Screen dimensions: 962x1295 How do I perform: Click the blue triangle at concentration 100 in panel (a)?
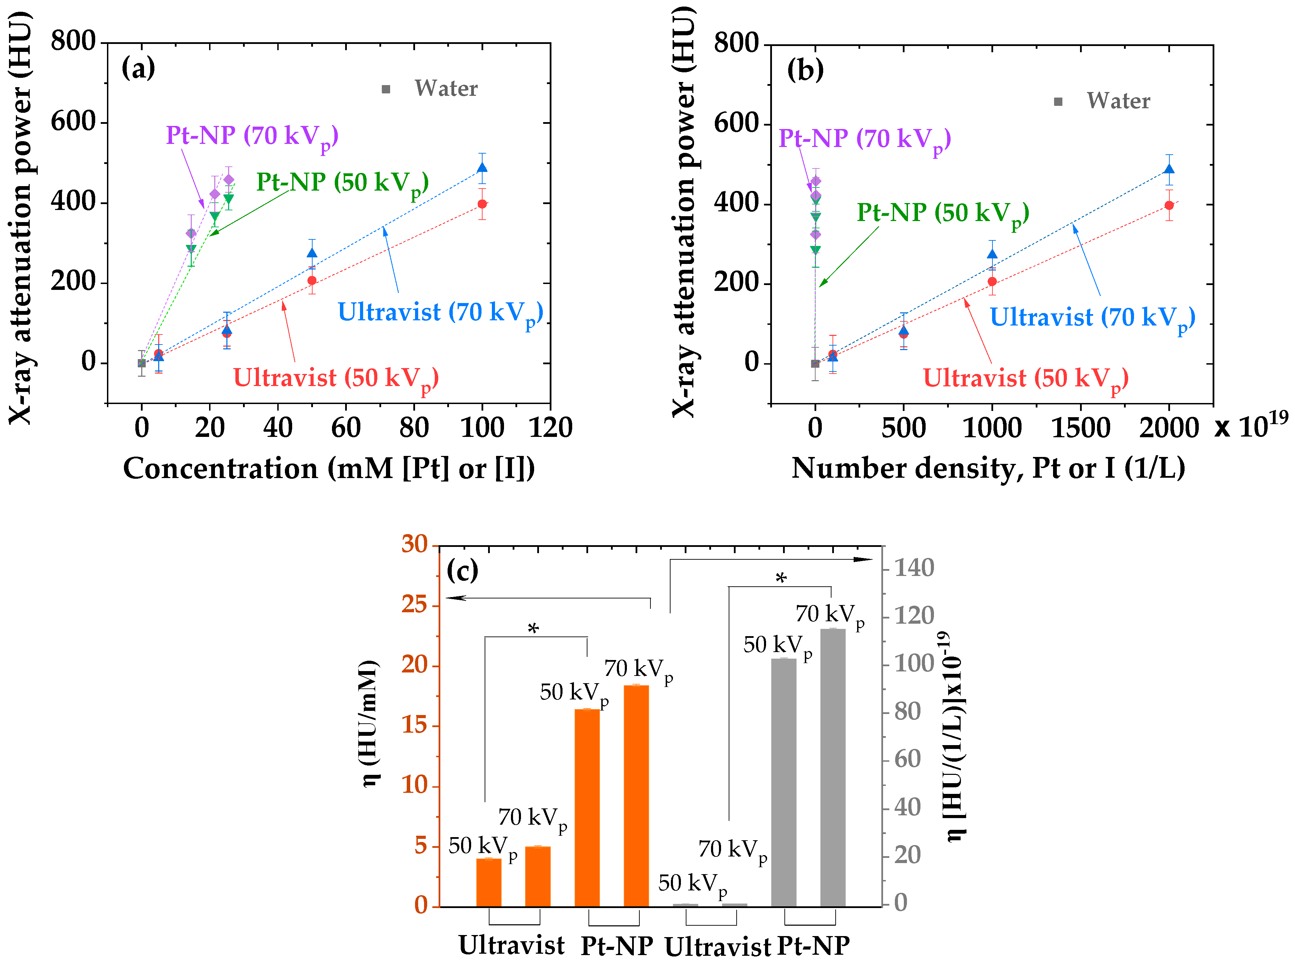tap(482, 168)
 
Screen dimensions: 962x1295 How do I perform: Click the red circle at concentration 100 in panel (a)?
tap(482, 204)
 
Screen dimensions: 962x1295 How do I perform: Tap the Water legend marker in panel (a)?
tap(386, 89)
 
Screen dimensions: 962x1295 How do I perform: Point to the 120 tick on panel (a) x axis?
tap(550, 428)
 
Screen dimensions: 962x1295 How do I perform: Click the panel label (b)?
tap(806, 70)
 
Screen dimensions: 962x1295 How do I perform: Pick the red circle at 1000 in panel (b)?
tap(992, 282)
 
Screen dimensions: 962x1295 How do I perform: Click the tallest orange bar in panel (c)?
tap(636, 796)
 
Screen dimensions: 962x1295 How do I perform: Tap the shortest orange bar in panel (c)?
tap(488, 882)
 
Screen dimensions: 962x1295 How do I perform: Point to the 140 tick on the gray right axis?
tap(914, 568)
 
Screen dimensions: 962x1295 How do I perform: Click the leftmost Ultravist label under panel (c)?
tap(511, 944)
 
